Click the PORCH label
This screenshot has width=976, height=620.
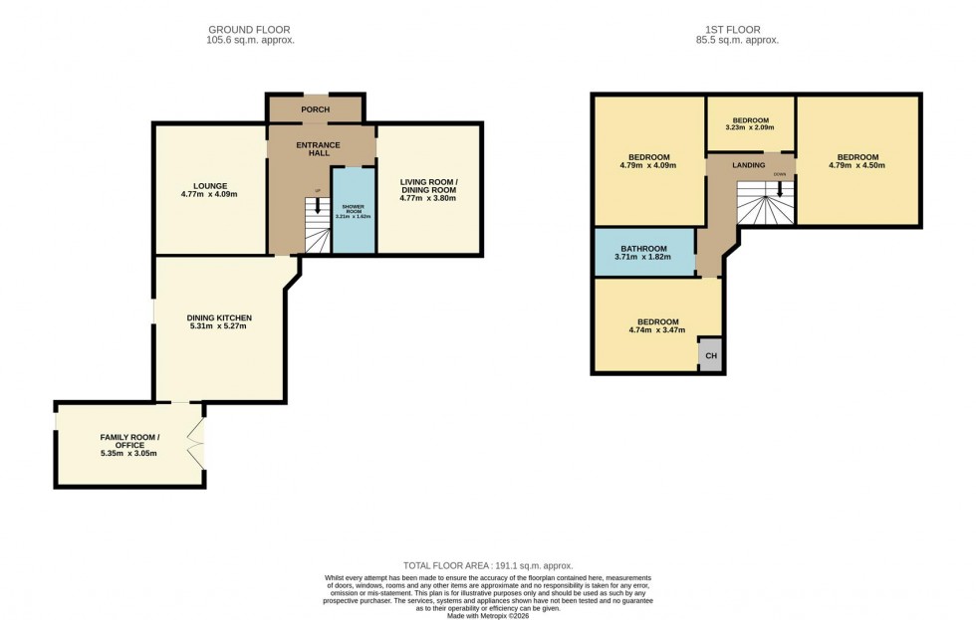click(x=316, y=109)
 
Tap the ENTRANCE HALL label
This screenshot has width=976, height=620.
click(x=319, y=149)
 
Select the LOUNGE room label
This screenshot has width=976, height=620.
click(x=210, y=185)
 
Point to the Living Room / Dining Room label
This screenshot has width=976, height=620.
click(x=427, y=186)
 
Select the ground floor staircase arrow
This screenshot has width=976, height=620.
click(x=318, y=206)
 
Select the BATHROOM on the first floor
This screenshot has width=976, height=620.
click(x=643, y=253)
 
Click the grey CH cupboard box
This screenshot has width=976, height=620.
click(x=710, y=355)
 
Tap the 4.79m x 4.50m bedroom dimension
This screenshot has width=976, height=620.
click(x=857, y=165)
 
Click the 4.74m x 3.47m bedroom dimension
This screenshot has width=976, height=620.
click(x=658, y=330)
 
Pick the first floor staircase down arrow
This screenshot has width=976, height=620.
click(x=779, y=186)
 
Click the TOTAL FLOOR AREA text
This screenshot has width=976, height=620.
click(x=487, y=565)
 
